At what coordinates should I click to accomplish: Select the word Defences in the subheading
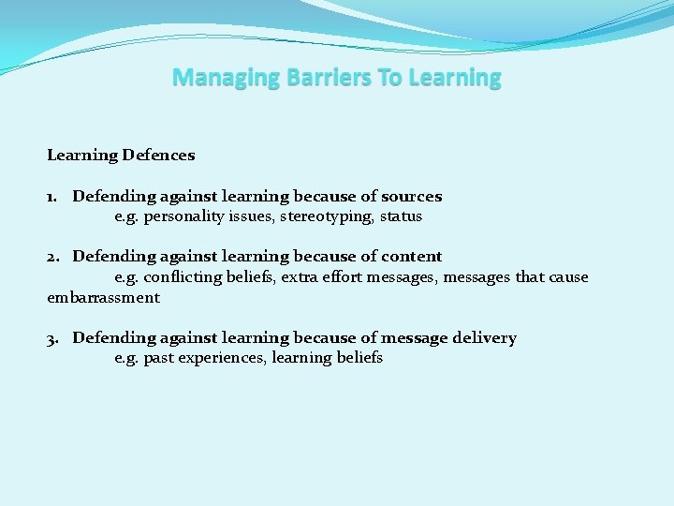158,156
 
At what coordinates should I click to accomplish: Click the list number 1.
52,197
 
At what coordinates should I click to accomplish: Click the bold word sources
411,197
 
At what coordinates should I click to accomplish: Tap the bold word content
412,257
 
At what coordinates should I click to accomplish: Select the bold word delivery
484,338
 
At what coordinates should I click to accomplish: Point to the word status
401,217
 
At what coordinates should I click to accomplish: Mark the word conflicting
183,277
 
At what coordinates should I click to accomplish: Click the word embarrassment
103,298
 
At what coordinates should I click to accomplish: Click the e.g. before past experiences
126,358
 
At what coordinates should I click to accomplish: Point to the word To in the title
388,78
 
